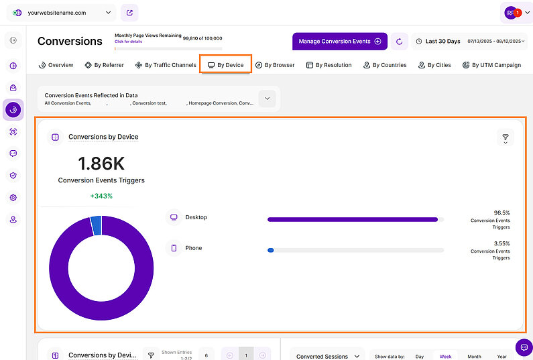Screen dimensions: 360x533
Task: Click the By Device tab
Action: (x=225, y=65)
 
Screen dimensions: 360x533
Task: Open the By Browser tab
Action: (x=275, y=65)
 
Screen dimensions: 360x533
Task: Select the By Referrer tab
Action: (x=104, y=65)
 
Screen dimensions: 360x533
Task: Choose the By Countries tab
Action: (x=386, y=65)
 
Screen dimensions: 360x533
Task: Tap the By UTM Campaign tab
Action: (x=491, y=65)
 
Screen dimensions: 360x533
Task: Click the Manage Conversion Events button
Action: (x=339, y=42)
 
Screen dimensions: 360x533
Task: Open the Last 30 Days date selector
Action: (x=438, y=42)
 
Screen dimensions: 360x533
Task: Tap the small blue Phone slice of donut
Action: (x=96, y=226)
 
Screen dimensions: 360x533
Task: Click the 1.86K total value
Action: (x=101, y=164)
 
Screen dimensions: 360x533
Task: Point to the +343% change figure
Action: (x=101, y=196)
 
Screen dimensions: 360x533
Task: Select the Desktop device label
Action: (x=196, y=217)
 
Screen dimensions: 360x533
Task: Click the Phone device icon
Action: (x=174, y=248)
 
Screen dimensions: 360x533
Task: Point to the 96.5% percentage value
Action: (x=501, y=213)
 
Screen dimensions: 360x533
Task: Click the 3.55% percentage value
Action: (x=501, y=243)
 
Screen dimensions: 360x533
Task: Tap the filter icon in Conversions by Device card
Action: (x=506, y=137)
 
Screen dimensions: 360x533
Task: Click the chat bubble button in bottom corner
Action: (x=524, y=347)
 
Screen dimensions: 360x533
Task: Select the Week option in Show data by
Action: (x=445, y=357)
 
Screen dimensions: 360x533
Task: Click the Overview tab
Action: (x=56, y=65)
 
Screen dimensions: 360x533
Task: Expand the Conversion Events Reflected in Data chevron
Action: (x=267, y=99)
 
